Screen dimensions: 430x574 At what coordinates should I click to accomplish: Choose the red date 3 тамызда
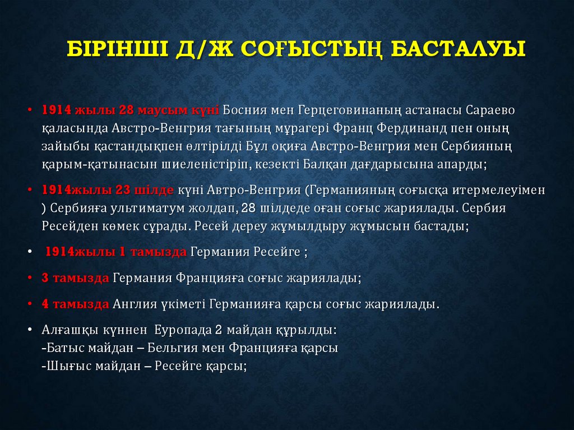pyautogui.click(x=75, y=278)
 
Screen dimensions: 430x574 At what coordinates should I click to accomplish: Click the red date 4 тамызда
pyautogui.click(x=75, y=304)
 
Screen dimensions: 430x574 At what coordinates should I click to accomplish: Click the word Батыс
pyautogui.click(x=64, y=348)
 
